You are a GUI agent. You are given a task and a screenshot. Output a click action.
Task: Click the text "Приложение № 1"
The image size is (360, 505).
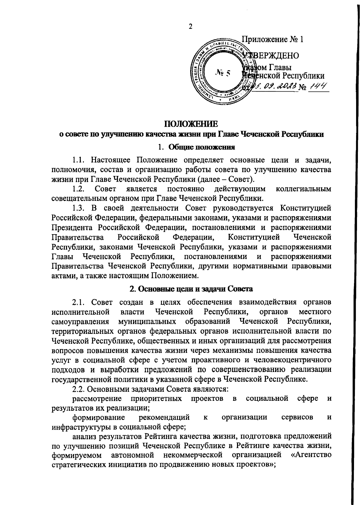(x=273, y=39)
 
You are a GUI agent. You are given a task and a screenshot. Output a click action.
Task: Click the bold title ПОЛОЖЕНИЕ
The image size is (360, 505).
(x=190, y=124)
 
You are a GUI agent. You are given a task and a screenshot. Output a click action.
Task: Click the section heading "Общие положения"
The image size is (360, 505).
(x=201, y=147)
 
